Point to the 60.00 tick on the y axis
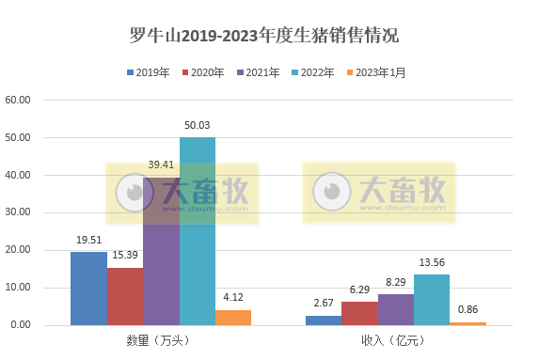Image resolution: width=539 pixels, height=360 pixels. pos(18,100)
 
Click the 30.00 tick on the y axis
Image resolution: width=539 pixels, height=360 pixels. pos(18,212)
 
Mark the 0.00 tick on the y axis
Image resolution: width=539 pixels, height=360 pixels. pos(21,325)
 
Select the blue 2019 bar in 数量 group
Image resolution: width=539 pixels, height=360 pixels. pos(88,289)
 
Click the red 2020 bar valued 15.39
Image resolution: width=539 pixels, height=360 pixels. pos(124,296)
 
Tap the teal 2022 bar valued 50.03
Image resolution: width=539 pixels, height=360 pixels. pos(198,231)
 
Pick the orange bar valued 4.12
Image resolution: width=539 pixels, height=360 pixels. pos(233,318)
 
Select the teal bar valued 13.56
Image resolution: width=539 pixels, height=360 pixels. pos(432,300)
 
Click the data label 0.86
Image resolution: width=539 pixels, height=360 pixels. pos(468,309)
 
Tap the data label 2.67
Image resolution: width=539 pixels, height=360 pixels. pos(324,303)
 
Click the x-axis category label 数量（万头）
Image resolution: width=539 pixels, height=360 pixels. pos(161,341)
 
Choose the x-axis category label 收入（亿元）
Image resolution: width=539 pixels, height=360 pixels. pos(396,341)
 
